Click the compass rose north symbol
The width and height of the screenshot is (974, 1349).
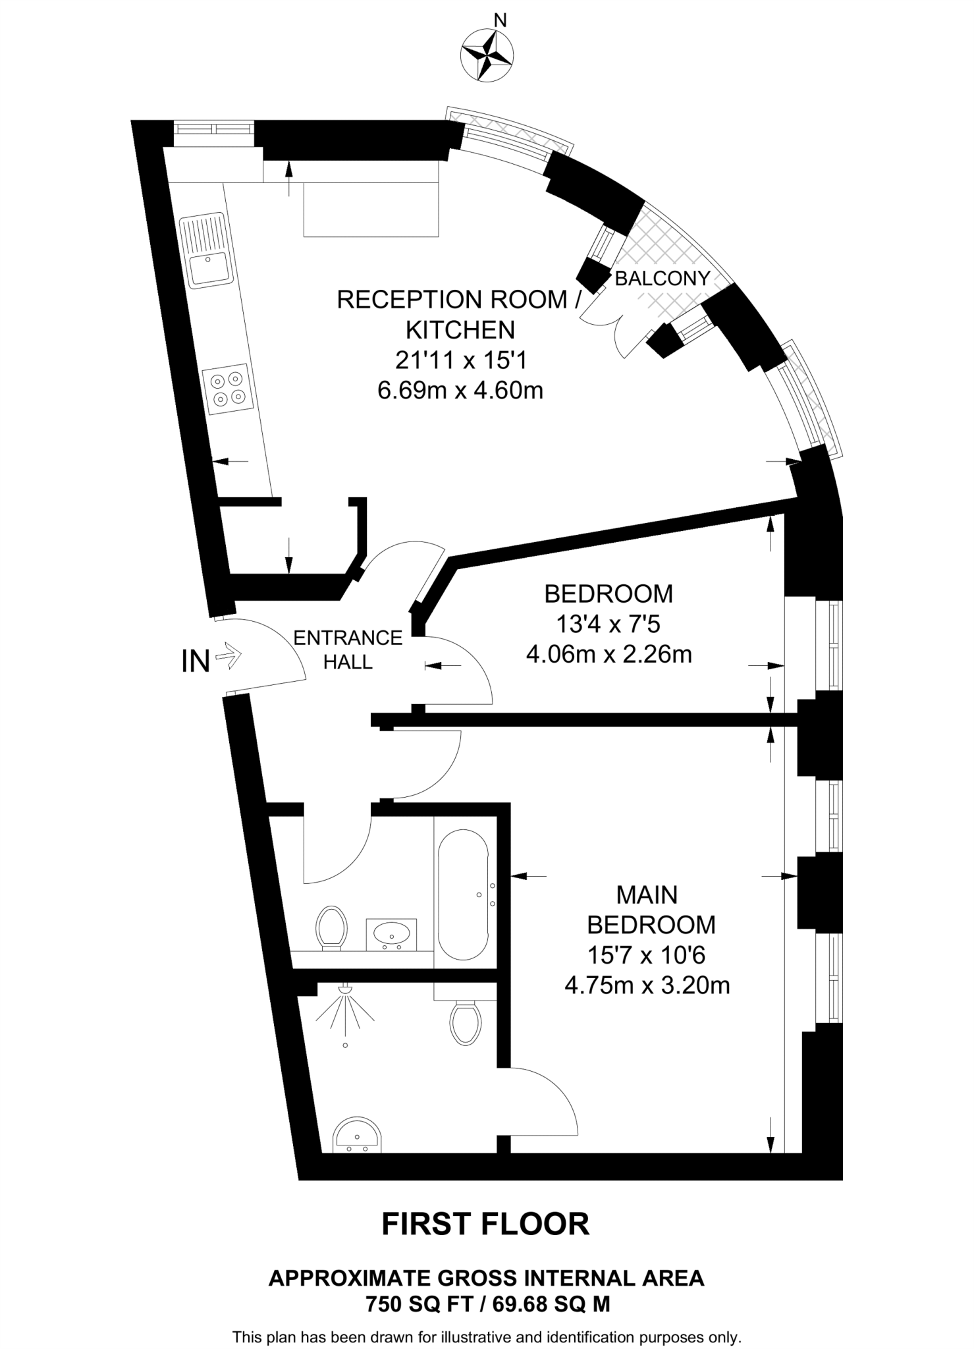click(488, 55)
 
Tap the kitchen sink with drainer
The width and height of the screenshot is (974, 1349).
click(208, 251)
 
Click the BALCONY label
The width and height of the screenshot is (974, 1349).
click(662, 279)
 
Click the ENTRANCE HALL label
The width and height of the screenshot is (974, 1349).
click(348, 649)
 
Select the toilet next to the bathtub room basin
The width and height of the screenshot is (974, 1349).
click(332, 927)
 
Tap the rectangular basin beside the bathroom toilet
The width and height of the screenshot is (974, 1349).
click(392, 934)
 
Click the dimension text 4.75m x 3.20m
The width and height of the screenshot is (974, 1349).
click(647, 986)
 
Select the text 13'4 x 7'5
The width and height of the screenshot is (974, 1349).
click(608, 624)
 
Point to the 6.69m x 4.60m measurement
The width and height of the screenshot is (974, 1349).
click(460, 391)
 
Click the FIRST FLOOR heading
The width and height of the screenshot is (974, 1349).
click(485, 1225)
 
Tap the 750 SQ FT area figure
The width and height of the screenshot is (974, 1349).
click(418, 1304)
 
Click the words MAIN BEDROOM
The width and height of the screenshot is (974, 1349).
click(650, 910)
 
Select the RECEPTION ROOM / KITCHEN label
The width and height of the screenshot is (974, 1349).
click(460, 314)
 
